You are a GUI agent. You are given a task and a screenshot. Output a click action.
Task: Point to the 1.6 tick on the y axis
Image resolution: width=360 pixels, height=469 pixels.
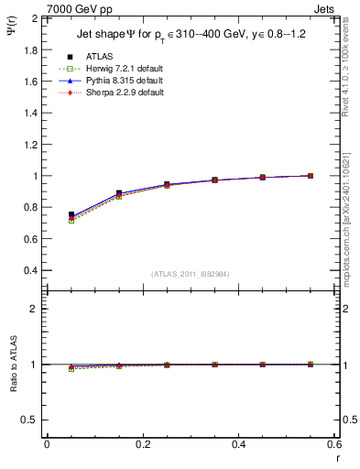pos(30,82)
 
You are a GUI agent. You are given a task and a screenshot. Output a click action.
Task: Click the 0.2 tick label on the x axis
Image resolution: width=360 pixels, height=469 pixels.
pos(142,444)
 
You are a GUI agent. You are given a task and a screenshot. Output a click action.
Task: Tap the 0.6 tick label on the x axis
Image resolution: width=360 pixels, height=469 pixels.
pos(334,444)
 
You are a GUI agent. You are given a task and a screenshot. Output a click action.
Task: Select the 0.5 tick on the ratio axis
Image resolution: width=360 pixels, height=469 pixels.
pos(30,420)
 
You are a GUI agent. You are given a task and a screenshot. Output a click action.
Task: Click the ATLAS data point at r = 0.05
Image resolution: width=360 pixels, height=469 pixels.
pos(71,214)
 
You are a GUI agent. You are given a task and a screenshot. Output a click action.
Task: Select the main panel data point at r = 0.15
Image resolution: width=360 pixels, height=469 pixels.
pos(119,193)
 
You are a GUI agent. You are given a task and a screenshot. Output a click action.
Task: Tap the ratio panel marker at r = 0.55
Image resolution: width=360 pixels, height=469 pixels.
pos(311,365)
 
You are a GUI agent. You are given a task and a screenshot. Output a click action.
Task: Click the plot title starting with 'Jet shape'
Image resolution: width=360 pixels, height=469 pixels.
pos(191,36)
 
